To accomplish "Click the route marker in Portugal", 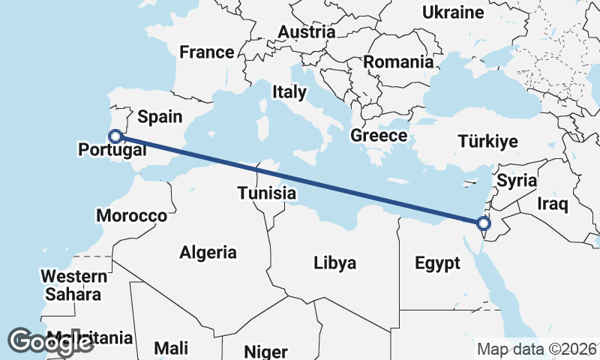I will [115, 136].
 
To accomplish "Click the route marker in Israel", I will [484, 223].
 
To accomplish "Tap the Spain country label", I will [160, 116].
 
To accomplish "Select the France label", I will [206, 52].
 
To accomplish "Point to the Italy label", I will [289, 92].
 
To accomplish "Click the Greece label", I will [379, 136].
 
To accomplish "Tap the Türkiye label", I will [488, 141].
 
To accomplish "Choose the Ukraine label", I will [452, 12].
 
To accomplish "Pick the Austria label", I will [307, 32].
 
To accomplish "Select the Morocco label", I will [132, 216].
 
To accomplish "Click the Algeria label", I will [208, 253].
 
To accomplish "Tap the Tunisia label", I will [266, 193].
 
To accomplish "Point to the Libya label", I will [334, 262].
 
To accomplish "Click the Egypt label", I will [436, 263].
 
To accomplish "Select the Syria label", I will [517, 180].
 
